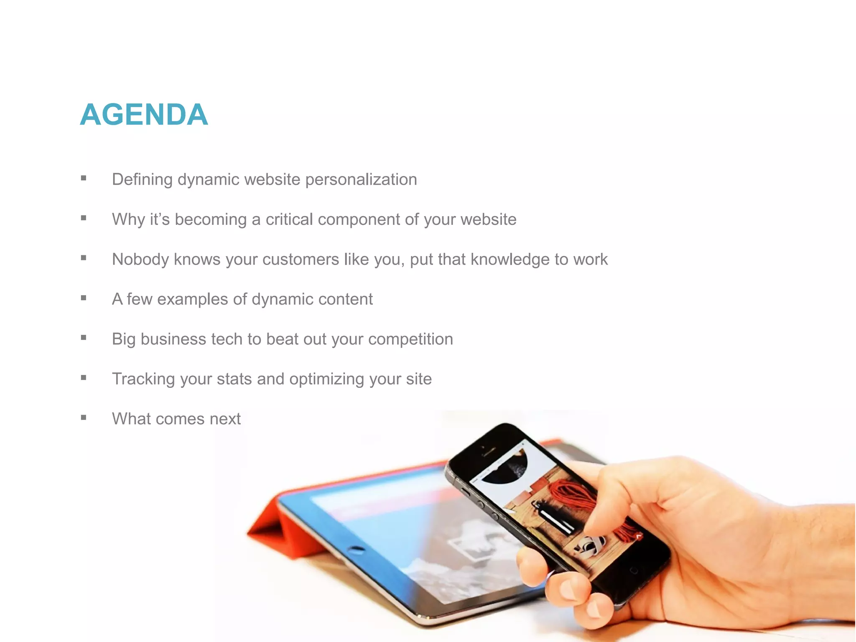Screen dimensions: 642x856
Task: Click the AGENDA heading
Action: click(x=144, y=115)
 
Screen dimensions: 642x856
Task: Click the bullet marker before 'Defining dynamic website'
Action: click(x=84, y=178)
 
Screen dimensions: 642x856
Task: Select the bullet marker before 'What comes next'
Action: click(x=84, y=418)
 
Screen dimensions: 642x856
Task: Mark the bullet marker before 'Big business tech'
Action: click(x=84, y=338)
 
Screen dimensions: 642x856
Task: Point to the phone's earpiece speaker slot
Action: click(x=489, y=451)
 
